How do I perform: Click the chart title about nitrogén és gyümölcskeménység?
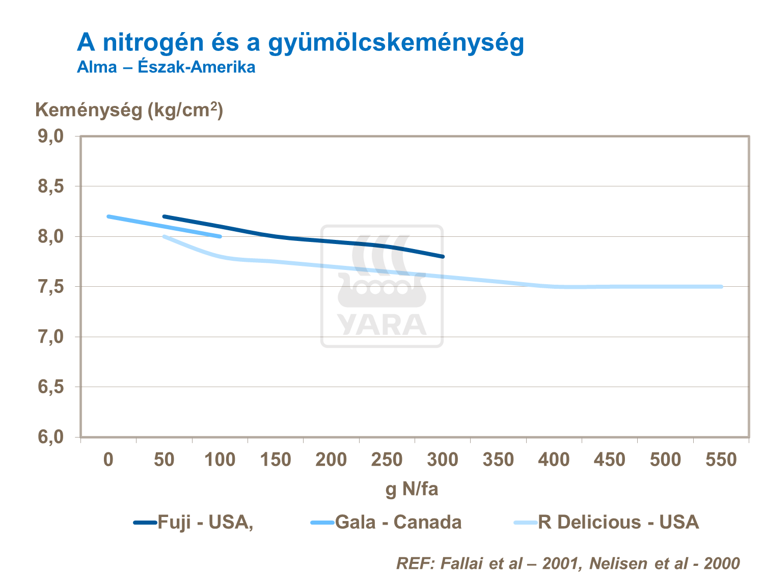(301, 42)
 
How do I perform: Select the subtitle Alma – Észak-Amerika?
(166, 67)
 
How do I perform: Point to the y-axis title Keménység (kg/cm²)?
(129, 110)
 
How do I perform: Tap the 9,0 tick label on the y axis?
(50, 136)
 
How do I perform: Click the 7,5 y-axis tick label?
(50, 287)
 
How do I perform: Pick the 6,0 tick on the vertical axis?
(50, 437)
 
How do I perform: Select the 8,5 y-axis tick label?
(50, 186)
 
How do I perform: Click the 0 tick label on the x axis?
(108, 460)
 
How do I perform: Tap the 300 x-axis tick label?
(443, 460)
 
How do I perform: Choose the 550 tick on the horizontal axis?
(721, 460)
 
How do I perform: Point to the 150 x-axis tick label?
(276, 460)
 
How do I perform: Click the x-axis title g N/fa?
(412, 489)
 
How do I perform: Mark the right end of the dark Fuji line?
(443, 256)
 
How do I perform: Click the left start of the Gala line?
(109, 216)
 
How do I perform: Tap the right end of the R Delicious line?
(721, 287)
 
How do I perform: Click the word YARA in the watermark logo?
(382, 325)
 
